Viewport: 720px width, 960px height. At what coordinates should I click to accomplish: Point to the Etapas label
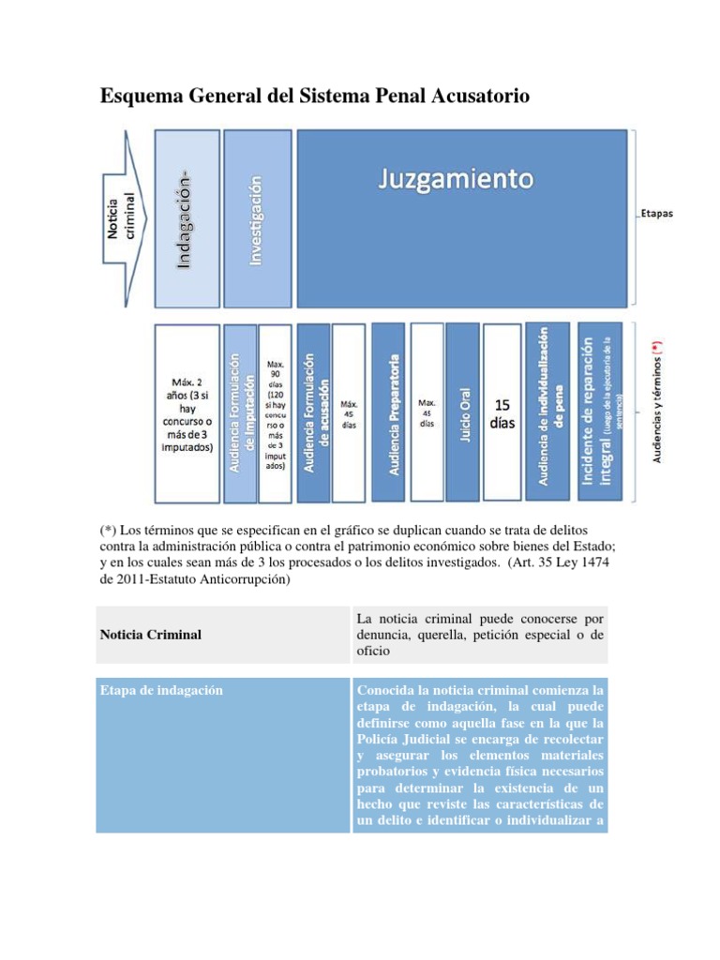(658, 214)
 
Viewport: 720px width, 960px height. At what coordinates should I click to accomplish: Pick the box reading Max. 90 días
(276, 413)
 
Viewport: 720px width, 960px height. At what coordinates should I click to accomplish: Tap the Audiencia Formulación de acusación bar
(314, 413)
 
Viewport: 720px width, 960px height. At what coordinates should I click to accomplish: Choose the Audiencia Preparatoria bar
(391, 413)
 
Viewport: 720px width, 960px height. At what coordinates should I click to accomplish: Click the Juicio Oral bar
(465, 413)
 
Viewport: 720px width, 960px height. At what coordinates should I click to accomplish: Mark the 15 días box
(502, 413)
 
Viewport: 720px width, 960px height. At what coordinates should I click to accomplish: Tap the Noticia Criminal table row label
(150, 635)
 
